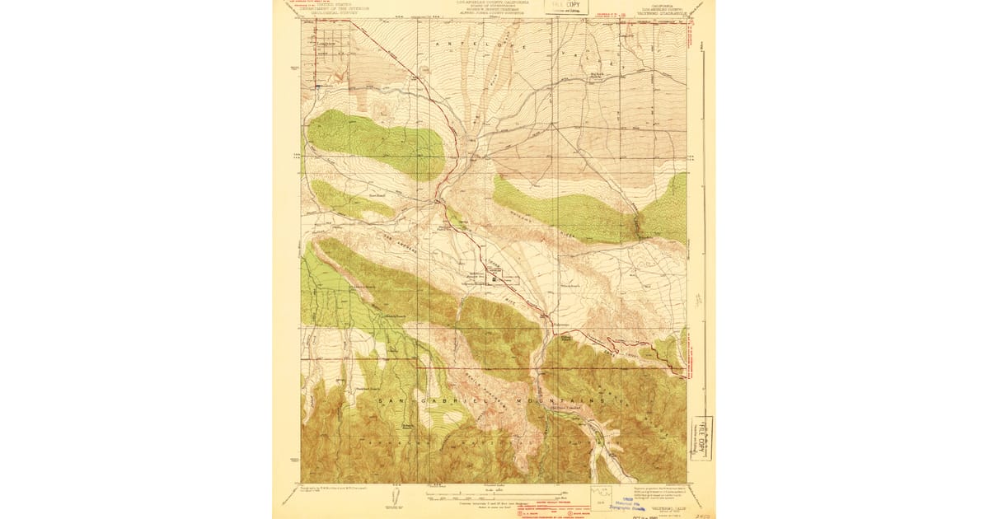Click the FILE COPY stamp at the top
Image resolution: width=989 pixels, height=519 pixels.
point(566,7)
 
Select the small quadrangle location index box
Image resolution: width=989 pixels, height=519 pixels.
point(601,495)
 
